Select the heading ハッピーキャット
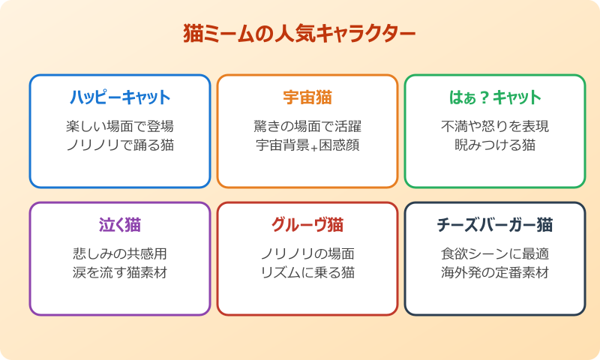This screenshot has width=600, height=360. (120, 97)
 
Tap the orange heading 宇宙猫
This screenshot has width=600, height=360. (307, 97)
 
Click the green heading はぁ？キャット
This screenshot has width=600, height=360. (495, 97)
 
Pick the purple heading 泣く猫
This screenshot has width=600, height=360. (120, 225)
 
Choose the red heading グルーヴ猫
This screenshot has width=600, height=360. (307, 225)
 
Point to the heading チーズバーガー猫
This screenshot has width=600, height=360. (495, 225)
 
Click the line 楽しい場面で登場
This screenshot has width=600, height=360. (120, 126)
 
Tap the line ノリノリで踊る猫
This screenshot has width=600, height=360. (120, 145)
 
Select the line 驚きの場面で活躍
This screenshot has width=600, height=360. (307, 126)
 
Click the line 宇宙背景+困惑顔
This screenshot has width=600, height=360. (307, 145)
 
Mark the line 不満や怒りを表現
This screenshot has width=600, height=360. (495, 126)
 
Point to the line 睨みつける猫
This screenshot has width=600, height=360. (495, 145)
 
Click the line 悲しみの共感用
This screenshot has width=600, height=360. (120, 253)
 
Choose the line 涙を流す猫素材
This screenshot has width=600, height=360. (120, 272)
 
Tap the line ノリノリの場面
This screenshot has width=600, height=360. (307, 253)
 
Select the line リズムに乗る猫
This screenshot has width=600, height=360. (307, 272)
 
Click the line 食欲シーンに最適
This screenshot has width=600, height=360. (495, 253)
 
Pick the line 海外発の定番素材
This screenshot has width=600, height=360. (495, 272)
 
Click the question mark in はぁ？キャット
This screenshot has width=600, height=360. (484, 97)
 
